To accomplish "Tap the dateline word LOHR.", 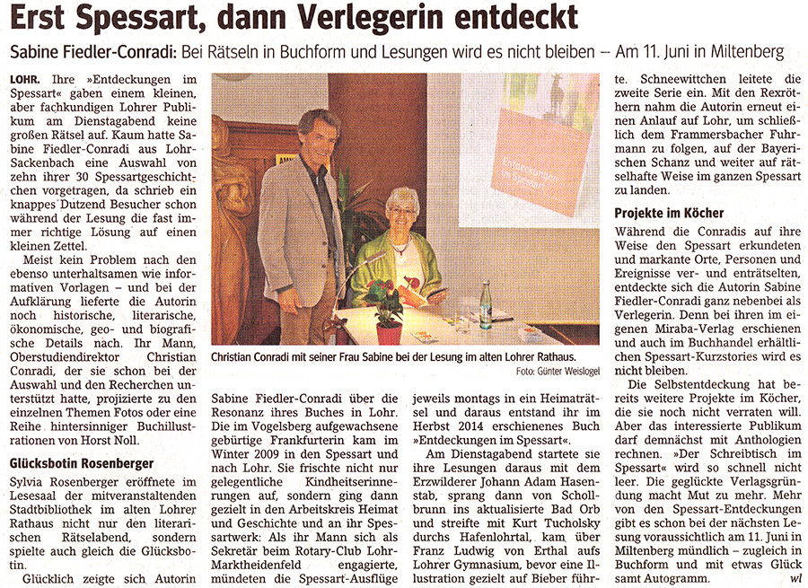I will pyautogui.click(x=25, y=81).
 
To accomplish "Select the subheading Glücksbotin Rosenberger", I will pyautogui.click(x=81, y=463).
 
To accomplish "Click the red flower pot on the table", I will pyautogui.click(x=389, y=331).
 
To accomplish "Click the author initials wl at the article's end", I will pyautogui.click(x=795, y=578).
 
